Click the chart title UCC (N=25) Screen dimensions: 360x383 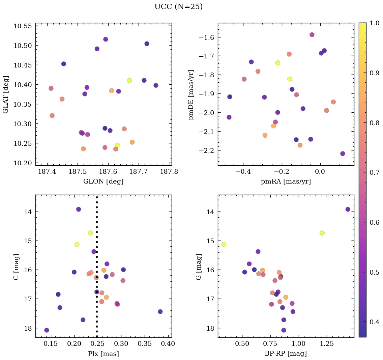pyautogui.click(x=178, y=7)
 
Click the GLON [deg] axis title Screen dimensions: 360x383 pyautogui.click(x=103, y=182)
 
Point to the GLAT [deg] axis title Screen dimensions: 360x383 pyautogui.click(x=6, y=94)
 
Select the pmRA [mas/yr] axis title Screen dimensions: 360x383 pyautogui.click(x=286, y=182)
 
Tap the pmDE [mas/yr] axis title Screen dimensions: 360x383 pyautogui.click(x=192, y=94)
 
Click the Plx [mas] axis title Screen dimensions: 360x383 pyautogui.click(x=103, y=354)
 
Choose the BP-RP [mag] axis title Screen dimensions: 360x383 pyautogui.click(x=286, y=354)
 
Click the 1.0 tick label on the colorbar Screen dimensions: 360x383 pyautogui.click(x=375, y=23)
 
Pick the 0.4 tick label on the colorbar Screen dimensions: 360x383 pyautogui.click(x=375, y=322)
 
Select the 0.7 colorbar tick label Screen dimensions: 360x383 pyautogui.click(x=375, y=172)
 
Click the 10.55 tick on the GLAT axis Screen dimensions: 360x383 pyautogui.click(x=23, y=26)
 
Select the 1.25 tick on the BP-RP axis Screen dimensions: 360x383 pyautogui.click(x=327, y=344)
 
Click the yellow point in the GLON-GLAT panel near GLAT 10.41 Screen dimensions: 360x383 pyautogui.click(x=129, y=80)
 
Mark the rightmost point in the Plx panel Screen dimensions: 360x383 pyautogui.click(x=160, y=311)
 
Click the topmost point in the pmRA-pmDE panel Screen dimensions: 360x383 pyautogui.click(x=312, y=35)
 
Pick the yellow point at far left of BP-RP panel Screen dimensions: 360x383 pyautogui.click(x=224, y=244)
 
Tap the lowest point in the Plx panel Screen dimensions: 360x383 pyautogui.click(x=47, y=330)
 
